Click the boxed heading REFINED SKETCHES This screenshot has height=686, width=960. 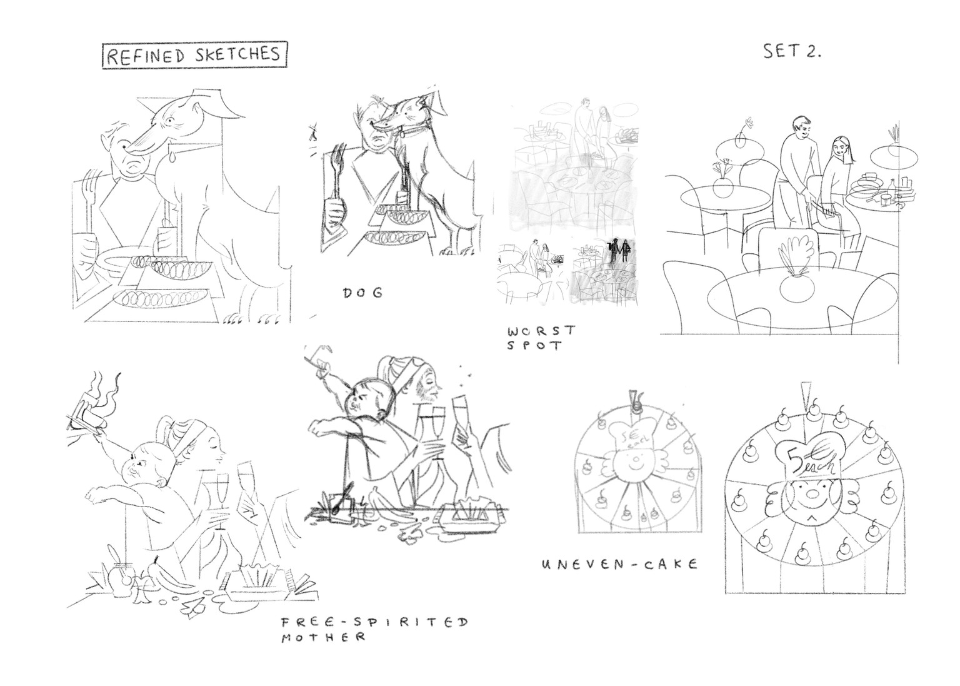[194, 55]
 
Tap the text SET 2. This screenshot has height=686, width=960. [792, 52]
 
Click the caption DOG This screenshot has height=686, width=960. [362, 293]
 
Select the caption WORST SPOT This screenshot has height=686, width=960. [541, 338]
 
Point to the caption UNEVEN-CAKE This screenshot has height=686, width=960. [620, 564]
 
